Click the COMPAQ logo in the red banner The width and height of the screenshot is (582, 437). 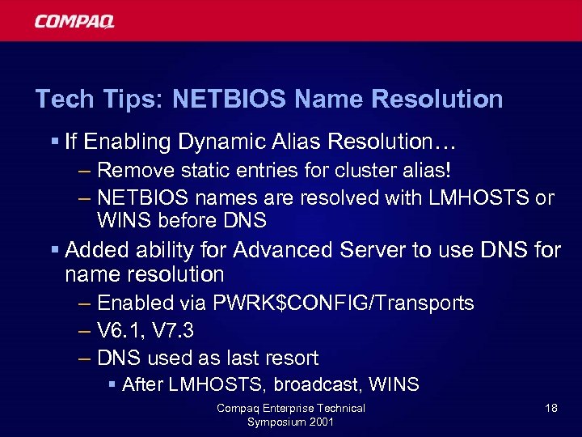(74, 21)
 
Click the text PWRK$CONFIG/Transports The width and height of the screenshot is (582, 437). (344, 303)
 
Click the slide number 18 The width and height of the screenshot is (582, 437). (550, 408)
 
